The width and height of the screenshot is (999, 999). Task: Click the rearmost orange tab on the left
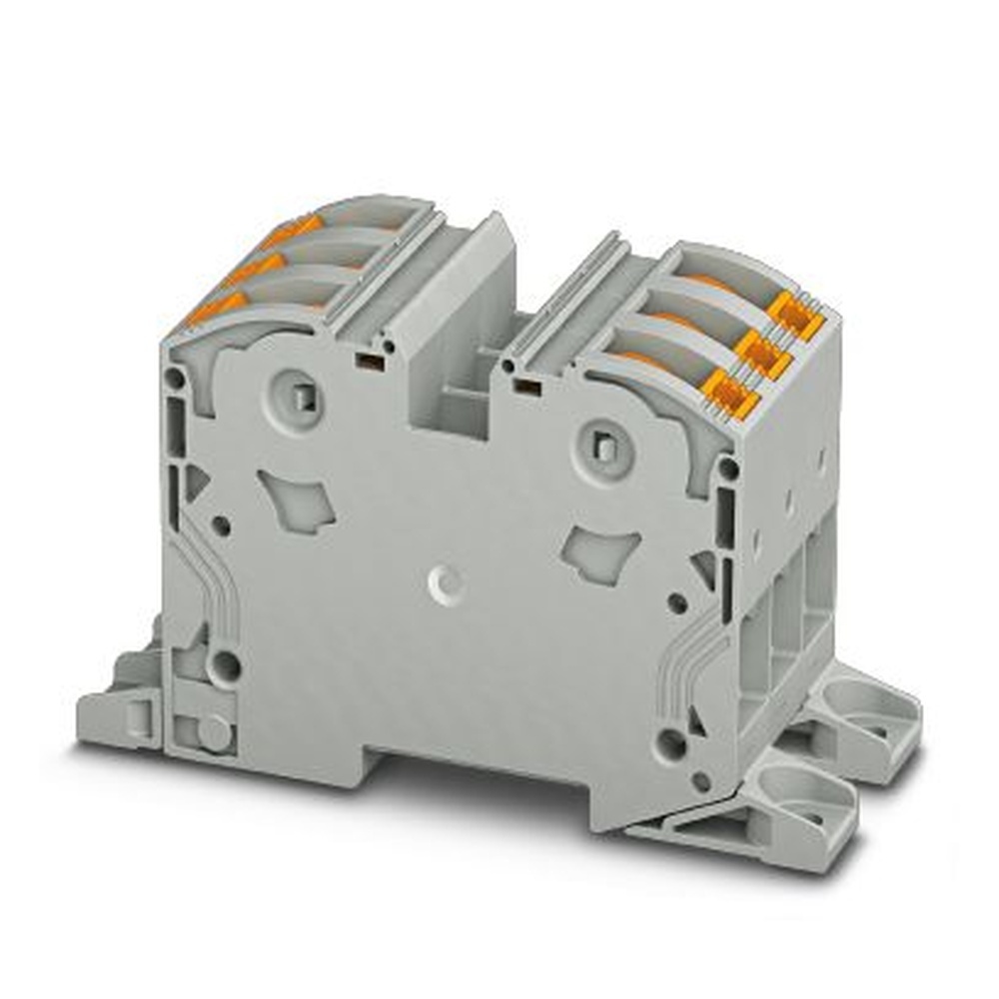click(293, 231)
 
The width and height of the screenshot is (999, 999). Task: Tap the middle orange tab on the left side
click(252, 268)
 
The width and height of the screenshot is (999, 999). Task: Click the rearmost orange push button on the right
click(796, 312)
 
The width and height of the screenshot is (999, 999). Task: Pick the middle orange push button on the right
click(761, 353)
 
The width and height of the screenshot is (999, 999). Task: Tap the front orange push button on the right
click(726, 393)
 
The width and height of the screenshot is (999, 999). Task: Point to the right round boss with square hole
click(604, 444)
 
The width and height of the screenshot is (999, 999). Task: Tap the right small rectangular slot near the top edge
click(518, 384)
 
